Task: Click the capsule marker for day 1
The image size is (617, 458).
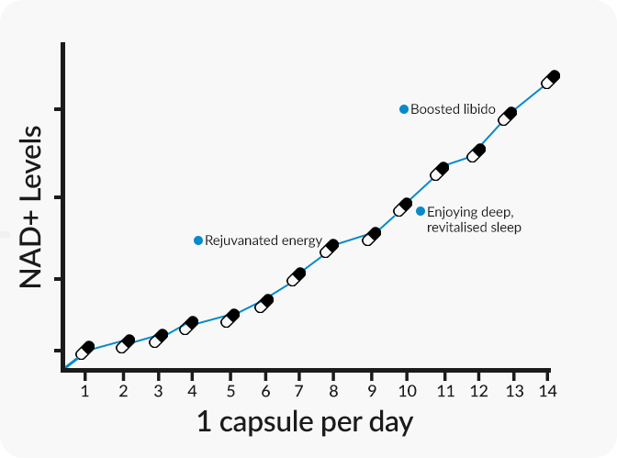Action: pyautogui.click(x=85, y=350)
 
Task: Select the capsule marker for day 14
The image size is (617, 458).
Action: pyautogui.click(x=550, y=79)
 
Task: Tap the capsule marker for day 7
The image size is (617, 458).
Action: pyautogui.click(x=296, y=276)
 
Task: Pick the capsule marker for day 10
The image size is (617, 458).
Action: pyautogui.click(x=402, y=207)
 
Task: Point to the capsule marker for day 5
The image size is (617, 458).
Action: pyautogui.click(x=230, y=318)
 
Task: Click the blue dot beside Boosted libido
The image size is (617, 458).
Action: pyautogui.click(x=404, y=109)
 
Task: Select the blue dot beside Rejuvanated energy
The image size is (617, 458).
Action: pyautogui.click(x=198, y=240)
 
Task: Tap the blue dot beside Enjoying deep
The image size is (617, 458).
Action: pyautogui.click(x=421, y=211)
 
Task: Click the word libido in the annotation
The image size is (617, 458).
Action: pyautogui.click(x=477, y=109)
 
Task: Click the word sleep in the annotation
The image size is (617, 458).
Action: pyautogui.click(x=504, y=227)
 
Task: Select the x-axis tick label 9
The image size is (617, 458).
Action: pyautogui.click(x=372, y=392)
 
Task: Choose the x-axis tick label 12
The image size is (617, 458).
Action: pyautogui.click(x=478, y=392)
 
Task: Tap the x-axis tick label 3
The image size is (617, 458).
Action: pyautogui.click(x=158, y=392)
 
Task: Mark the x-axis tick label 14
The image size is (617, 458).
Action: pyautogui.click(x=549, y=392)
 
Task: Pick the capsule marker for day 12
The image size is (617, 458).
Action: pyautogui.click(x=476, y=152)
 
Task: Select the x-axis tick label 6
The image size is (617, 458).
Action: pyautogui.click(x=264, y=392)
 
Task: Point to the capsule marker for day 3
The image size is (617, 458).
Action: pyautogui.click(x=158, y=338)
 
